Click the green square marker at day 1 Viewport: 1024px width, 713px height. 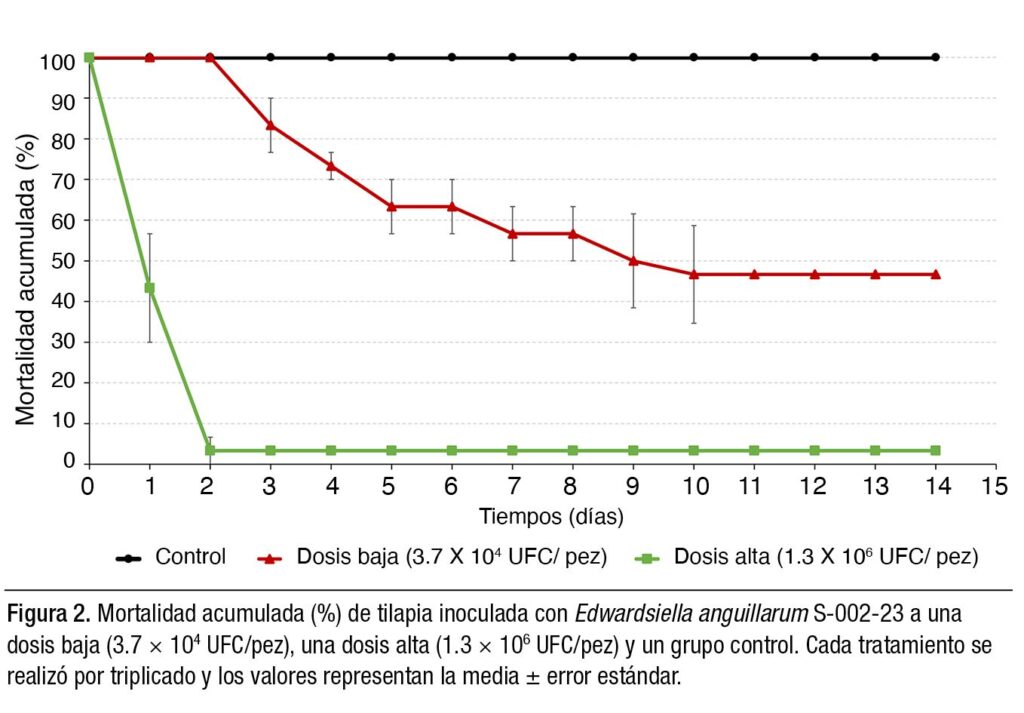pyautogui.click(x=150, y=288)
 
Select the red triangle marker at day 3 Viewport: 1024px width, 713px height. pyautogui.click(x=271, y=125)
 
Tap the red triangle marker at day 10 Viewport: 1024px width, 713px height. pyautogui.click(x=694, y=274)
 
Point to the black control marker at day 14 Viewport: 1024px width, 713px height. pyautogui.click(x=935, y=57)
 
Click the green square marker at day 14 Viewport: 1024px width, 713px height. pyautogui.click(x=935, y=451)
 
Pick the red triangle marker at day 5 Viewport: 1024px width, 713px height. pyautogui.click(x=392, y=206)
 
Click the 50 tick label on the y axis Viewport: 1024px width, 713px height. pyautogui.click(x=64, y=261)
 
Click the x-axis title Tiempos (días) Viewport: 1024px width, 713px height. pyautogui.click(x=551, y=517)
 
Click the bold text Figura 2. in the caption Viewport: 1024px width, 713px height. pyautogui.click(x=49, y=612)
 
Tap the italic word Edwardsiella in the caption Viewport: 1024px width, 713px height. pyautogui.click(x=639, y=612)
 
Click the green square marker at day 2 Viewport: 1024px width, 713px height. pyautogui.click(x=210, y=451)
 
